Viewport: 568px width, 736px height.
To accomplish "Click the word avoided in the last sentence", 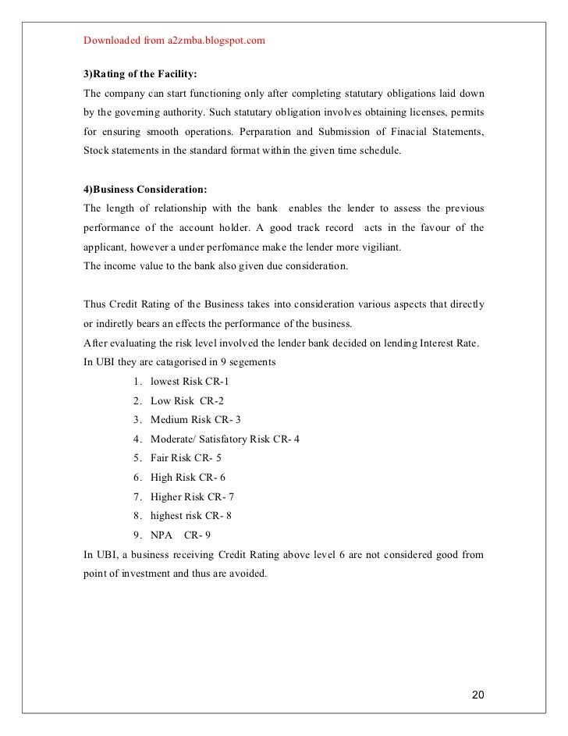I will click(x=249, y=574).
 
